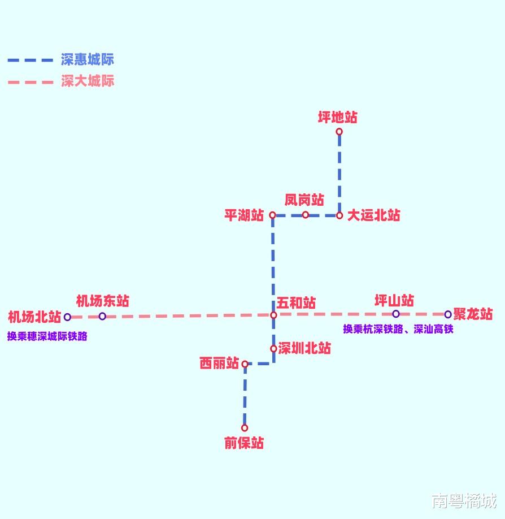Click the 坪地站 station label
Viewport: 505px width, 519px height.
[337, 118]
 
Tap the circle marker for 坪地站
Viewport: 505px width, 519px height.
[339, 132]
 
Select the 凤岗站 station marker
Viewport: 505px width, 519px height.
[306, 215]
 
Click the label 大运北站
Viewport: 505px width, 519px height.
[373, 215]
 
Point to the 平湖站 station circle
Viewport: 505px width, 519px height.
[272, 215]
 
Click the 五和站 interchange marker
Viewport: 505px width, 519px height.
[273, 315]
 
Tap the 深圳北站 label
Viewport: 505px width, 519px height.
[304, 348]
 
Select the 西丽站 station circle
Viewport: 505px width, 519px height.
[245, 365]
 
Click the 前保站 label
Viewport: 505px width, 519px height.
[244, 443]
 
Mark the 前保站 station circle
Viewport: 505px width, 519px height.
[245, 428]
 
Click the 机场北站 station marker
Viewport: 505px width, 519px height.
[67, 317]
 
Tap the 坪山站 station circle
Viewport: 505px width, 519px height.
[395, 314]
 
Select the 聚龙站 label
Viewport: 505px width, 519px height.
[473, 314]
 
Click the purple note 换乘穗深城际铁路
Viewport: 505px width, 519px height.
[47, 336]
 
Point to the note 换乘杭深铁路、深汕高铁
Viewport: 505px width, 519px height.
[398, 329]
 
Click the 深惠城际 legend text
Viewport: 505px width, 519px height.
[88, 59]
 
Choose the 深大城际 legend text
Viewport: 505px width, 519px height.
[88, 81]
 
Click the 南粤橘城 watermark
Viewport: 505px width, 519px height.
[464, 500]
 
